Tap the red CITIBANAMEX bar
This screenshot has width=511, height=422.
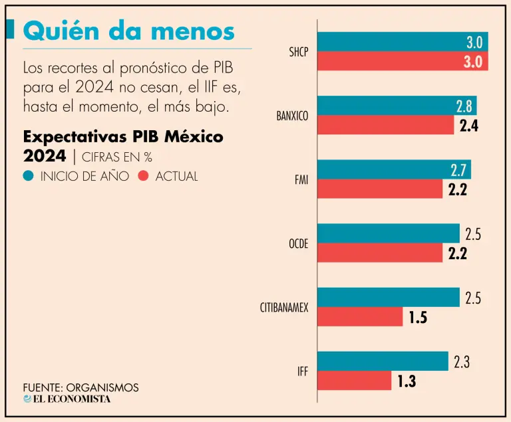tap(360, 316)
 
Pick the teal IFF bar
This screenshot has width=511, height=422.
tap(383, 361)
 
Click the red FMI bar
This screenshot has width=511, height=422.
tap(380, 189)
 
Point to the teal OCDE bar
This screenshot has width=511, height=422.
tap(389, 233)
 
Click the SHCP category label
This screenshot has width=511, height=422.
tap(299, 52)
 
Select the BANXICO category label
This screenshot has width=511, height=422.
tap(292, 116)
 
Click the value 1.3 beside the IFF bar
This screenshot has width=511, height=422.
tap(407, 381)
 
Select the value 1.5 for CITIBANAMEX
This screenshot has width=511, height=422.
tap(418, 318)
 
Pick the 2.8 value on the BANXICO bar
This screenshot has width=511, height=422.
tap(464, 106)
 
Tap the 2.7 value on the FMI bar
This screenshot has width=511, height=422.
tap(459, 169)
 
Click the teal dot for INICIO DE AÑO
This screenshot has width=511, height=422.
tap(29, 176)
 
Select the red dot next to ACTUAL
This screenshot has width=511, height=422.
tap(142, 176)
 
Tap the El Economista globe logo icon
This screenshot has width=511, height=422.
tap(27, 399)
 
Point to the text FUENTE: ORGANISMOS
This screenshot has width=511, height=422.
tap(81, 387)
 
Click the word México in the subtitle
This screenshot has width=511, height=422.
tap(194, 137)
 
